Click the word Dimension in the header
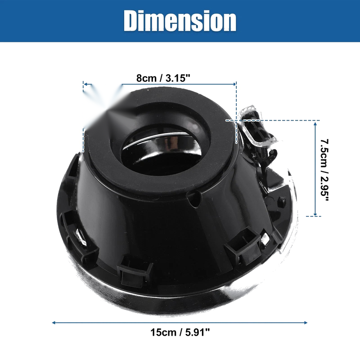coord(180,21)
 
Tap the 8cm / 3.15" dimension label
coord(163,78)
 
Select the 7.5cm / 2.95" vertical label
coord(324,170)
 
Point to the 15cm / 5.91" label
coord(180,332)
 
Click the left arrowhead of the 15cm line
coord(54,323)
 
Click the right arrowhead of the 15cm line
coord(306,323)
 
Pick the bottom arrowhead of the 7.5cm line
coord(315,214)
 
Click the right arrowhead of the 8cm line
coord(234,84)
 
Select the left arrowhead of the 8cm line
coord(85,84)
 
